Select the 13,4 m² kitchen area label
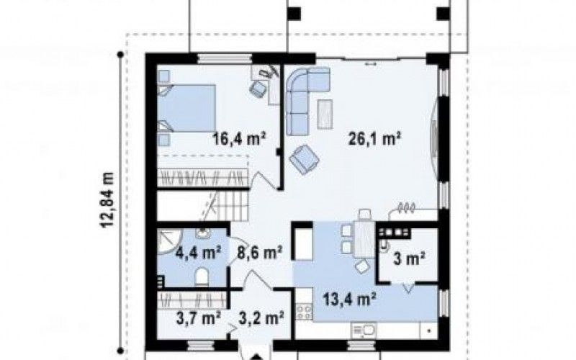tap(349, 299)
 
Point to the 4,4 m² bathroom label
tap(198, 253)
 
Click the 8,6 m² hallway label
tap(260, 253)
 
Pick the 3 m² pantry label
tap(409, 259)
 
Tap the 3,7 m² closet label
tap(199, 318)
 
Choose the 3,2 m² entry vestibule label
tap(261, 318)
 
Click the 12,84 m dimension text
tap(107, 200)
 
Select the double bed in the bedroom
tap(186, 108)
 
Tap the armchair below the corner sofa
tap(304, 158)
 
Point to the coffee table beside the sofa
tap(325, 114)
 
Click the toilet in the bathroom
tap(202, 277)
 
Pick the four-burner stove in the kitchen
tap(304, 312)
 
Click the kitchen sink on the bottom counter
tap(364, 330)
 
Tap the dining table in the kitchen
tap(364, 238)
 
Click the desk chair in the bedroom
tap(258, 89)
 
